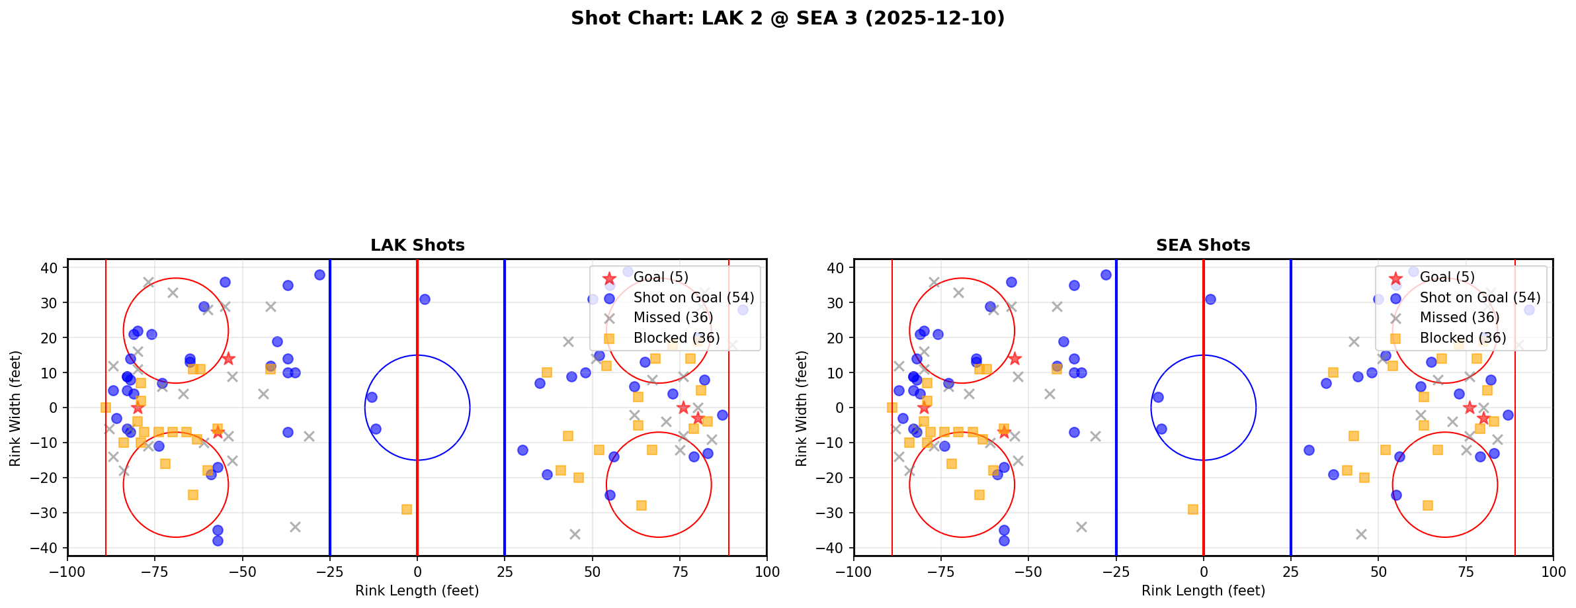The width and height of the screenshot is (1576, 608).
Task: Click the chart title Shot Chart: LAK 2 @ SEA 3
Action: (x=787, y=18)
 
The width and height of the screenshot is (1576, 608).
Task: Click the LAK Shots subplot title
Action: (x=417, y=245)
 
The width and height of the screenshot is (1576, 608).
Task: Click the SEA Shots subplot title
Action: (x=1203, y=245)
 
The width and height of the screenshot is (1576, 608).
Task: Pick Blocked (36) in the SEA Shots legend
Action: (x=1462, y=338)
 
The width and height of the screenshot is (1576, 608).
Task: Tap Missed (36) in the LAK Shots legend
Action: (x=673, y=318)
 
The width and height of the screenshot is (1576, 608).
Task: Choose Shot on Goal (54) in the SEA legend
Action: (x=1479, y=298)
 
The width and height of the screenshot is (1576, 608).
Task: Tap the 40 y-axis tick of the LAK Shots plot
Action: (x=52, y=268)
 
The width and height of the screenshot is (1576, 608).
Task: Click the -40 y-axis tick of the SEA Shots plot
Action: (x=835, y=548)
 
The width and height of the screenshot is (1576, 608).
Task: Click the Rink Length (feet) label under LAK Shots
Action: (x=417, y=591)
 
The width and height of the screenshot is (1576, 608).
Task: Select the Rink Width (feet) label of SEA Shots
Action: (x=801, y=408)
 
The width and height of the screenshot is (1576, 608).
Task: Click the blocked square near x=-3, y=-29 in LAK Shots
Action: (x=407, y=509)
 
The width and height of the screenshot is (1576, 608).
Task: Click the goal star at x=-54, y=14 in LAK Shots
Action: (x=228, y=359)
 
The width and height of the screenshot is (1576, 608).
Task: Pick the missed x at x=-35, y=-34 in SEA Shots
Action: (x=1081, y=527)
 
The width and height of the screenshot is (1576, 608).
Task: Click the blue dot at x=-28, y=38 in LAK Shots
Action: (x=319, y=275)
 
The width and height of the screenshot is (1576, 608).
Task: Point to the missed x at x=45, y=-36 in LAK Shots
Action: (x=575, y=534)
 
